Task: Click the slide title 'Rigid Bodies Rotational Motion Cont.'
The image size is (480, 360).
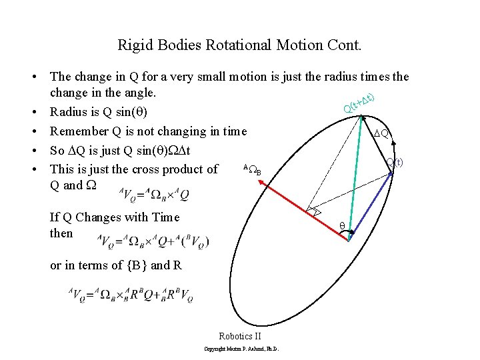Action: pos(239,45)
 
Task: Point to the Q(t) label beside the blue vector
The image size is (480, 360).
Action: pos(395,162)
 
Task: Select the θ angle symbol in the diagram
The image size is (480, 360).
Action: pos(342,226)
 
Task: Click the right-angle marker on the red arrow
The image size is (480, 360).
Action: pos(312,211)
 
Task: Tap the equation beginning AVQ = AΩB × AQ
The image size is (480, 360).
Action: pos(155,194)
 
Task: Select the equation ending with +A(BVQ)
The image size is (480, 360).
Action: pos(153,241)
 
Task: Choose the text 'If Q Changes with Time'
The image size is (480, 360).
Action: pos(115,217)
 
